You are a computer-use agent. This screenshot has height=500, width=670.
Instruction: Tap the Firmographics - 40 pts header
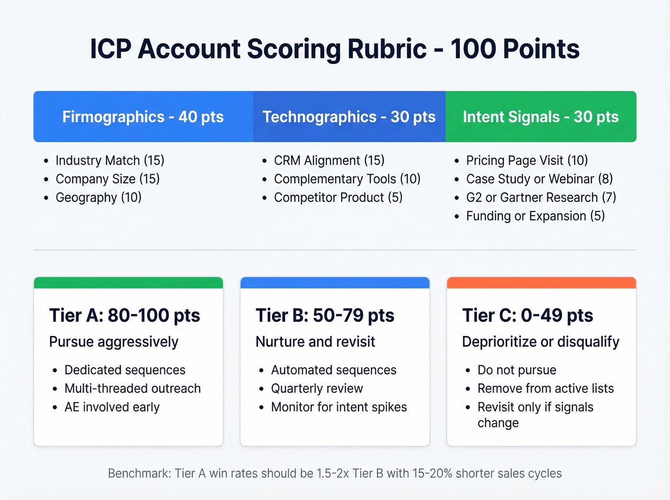pyautogui.click(x=143, y=117)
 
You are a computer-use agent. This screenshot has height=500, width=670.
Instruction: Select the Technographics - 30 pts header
pyautogui.click(x=349, y=117)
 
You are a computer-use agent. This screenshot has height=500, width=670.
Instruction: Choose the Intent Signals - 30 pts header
pyautogui.click(x=540, y=117)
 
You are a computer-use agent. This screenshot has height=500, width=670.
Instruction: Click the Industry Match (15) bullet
pyautogui.click(x=110, y=160)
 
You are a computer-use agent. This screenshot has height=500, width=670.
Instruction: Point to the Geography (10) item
pyautogui.click(x=98, y=198)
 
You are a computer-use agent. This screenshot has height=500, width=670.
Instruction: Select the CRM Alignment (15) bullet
pyautogui.click(x=329, y=160)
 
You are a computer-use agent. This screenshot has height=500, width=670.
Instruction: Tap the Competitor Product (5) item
pyautogui.click(x=338, y=198)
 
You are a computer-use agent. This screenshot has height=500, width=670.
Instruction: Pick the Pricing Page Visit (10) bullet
pyautogui.click(x=526, y=160)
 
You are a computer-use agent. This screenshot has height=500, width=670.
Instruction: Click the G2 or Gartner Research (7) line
pyautogui.click(x=541, y=198)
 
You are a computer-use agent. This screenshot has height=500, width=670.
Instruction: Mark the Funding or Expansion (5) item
pyautogui.click(x=535, y=216)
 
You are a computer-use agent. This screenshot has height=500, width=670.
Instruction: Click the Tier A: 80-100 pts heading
pyautogui.click(x=124, y=316)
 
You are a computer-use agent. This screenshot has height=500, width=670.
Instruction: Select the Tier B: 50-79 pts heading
pyautogui.click(x=324, y=316)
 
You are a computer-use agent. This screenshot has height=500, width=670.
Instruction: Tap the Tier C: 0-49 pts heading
pyautogui.click(x=527, y=316)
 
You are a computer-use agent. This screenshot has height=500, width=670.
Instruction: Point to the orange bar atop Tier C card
pyautogui.click(x=541, y=283)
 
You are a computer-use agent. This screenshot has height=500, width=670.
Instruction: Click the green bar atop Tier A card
pyautogui.click(x=128, y=283)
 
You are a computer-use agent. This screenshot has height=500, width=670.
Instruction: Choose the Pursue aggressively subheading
pyautogui.click(x=113, y=342)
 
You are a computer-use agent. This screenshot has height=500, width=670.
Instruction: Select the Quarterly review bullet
pyautogui.click(x=317, y=389)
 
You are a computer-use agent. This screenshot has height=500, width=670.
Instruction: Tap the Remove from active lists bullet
pyautogui.click(x=545, y=389)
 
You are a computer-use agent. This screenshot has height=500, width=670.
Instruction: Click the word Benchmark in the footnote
pyautogui.click(x=138, y=474)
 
